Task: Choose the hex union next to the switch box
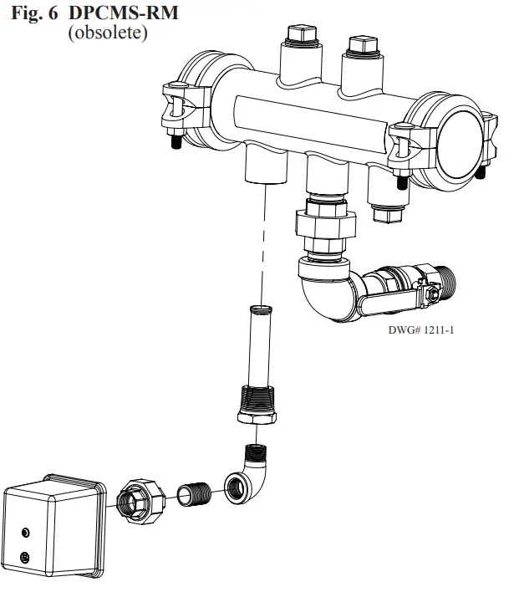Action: click(x=140, y=499)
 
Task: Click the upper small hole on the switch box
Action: click(x=26, y=533)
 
